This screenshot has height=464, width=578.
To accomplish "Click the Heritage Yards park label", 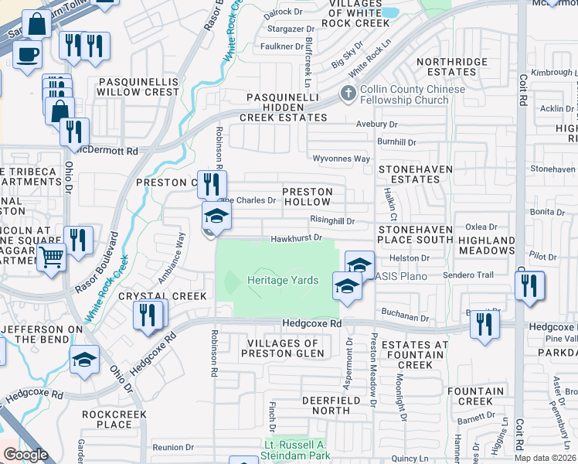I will pos(283,280).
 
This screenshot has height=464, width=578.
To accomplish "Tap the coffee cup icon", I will pos(28,56).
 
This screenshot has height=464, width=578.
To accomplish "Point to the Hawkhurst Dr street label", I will pos(296,238).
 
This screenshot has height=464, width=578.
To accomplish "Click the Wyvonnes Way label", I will pos(341,159).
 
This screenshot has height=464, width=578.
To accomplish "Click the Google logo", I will pos(25,455).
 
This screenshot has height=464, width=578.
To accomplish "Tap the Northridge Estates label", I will pos(452,67).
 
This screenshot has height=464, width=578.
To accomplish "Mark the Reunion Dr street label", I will pos(172,447).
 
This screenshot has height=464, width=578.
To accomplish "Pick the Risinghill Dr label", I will pos(332,220).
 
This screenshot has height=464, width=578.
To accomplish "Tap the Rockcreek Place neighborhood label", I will pos(107,419).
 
